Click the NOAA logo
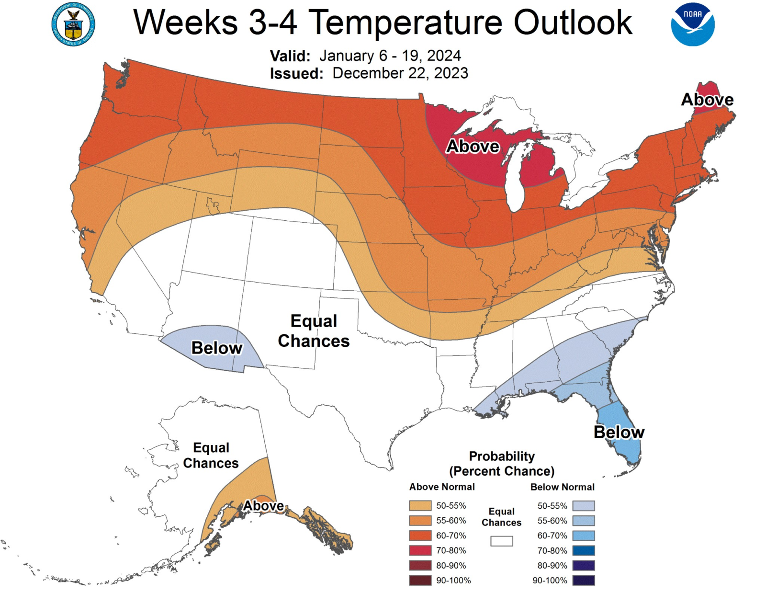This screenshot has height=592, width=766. [692, 24]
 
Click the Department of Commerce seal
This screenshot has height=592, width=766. [73, 24]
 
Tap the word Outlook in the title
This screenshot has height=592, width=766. [573, 23]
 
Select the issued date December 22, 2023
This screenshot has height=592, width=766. [400, 73]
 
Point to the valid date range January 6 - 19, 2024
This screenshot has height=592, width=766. [390, 56]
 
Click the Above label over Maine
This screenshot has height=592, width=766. [707, 100]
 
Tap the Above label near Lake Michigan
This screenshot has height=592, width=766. [473, 146]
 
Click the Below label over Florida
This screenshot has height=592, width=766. [619, 432]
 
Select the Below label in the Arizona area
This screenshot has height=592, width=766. [217, 348]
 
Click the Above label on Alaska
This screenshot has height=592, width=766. [263, 506]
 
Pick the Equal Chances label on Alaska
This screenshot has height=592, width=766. [211, 455]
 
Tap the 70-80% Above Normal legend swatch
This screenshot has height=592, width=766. [420, 550]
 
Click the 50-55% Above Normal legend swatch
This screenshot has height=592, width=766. [420, 506]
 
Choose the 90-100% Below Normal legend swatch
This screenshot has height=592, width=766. [584, 581]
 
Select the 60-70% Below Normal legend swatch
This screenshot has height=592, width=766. [584, 535]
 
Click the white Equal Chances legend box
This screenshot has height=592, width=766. [501, 541]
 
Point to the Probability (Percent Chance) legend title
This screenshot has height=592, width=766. [501, 464]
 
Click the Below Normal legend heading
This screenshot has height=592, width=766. [562, 487]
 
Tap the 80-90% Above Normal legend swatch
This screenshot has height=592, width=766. [420, 566]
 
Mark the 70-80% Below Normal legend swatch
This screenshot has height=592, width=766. [584, 551]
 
